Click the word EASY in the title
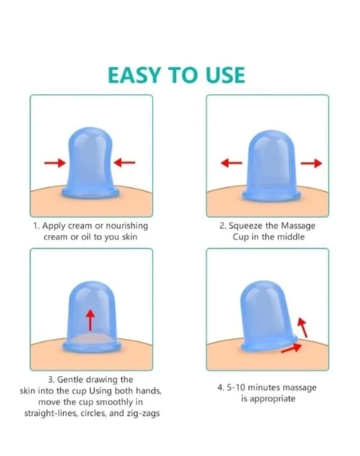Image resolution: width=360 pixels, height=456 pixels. (x=134, y=75)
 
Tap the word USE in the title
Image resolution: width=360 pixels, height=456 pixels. (x=226, y=75)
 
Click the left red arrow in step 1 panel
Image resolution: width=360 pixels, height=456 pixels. (x=56, y=163)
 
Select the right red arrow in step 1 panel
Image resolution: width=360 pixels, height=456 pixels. (x=124, y=163)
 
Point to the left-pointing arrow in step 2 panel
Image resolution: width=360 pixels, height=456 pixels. (x=232, y=163)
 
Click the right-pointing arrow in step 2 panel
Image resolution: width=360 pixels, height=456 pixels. (x=311, y=163)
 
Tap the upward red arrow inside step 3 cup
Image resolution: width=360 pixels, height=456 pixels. (x=91, y=320)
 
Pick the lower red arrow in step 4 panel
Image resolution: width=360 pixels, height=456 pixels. (x=291, y=348)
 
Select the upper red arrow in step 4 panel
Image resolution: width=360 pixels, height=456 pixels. (x=303, y=327)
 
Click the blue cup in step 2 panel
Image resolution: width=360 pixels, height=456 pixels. (x=271, y=166)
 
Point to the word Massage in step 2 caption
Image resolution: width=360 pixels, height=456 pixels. (x=298, y=226)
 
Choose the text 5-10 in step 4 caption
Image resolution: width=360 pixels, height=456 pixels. (x=236, y=387)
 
